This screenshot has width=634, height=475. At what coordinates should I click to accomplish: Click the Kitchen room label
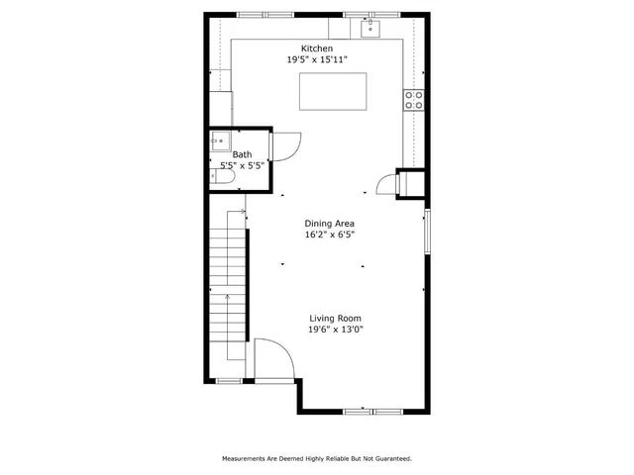317,48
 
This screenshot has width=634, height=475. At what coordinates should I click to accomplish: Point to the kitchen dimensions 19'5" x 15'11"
317,59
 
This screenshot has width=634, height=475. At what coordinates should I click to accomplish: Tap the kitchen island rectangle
333,91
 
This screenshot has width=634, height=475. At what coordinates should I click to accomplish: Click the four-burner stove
413,99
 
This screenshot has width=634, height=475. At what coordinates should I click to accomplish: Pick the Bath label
242,154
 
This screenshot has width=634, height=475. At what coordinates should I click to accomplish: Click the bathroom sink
219,142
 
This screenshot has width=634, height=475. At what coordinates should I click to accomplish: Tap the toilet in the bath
218,176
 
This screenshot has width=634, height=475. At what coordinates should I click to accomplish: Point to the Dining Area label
329,224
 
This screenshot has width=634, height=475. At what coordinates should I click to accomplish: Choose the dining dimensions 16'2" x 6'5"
329,236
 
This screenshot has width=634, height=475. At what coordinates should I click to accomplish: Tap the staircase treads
227,287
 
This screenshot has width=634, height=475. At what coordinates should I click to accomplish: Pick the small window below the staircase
229,380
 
